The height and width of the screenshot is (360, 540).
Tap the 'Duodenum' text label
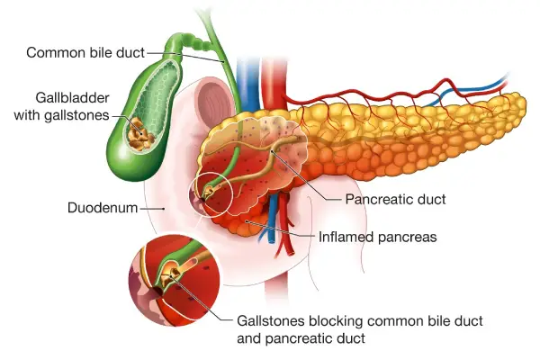(x=102, y=208)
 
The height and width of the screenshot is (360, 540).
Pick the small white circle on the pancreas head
(x=212, y=192)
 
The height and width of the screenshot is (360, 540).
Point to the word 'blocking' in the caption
(x=337, y=320)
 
